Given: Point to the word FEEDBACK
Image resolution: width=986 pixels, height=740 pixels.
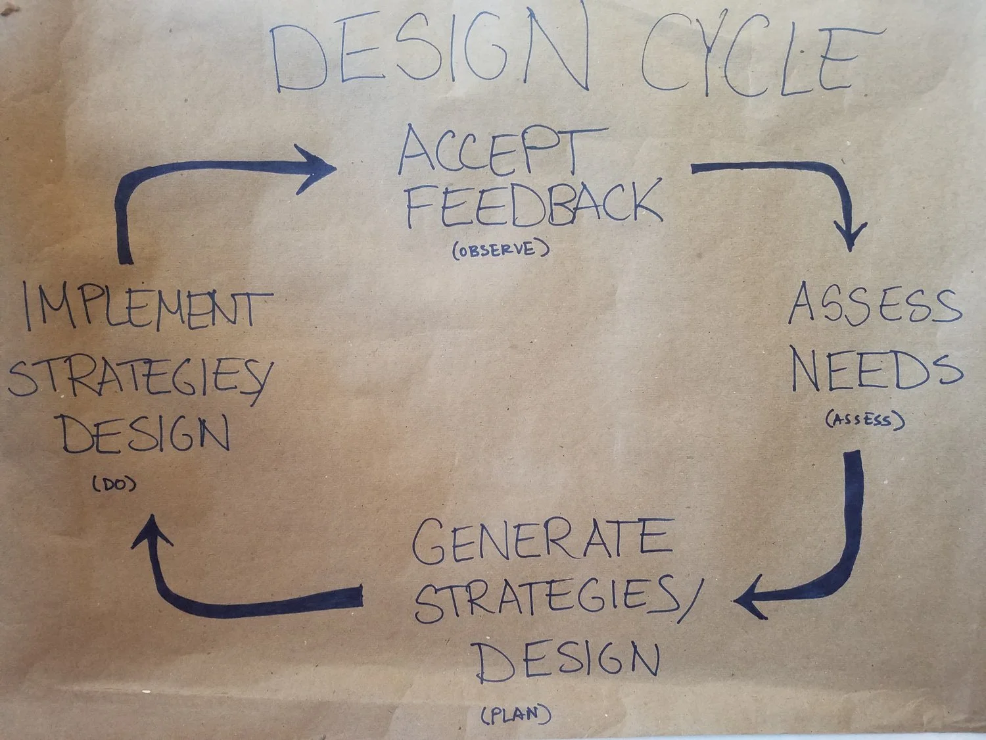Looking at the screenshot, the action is tap(532, 204).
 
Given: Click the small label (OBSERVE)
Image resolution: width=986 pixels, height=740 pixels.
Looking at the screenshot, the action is tap(500, 251).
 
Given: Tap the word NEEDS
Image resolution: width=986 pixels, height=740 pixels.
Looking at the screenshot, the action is tap(876, 372).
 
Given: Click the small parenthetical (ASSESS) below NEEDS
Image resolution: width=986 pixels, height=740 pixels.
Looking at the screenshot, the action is tap(864, 419).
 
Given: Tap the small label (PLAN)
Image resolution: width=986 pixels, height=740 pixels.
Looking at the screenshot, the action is tap(516, 714).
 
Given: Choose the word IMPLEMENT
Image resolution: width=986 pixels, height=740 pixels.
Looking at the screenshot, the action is tap(148, 309).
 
